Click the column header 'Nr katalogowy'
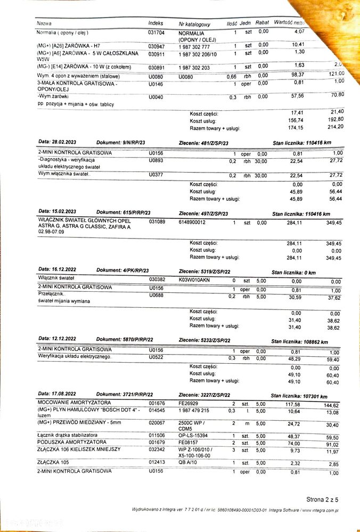(194, 24)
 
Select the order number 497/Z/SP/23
(212, 214)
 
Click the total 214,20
(336, 127)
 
